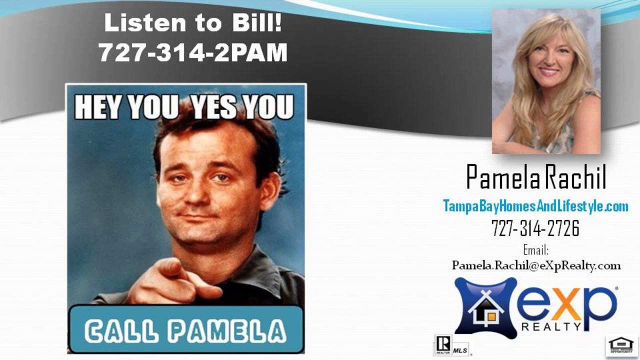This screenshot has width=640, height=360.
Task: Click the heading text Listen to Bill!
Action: click(x=192, y=23)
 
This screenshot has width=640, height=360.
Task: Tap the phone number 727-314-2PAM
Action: click(x=192, y=52)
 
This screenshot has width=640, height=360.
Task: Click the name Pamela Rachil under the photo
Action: click(x=536, y=177)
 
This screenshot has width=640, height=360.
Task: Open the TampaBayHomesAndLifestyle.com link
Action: click(x=535, y=206)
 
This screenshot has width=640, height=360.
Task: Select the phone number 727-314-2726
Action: click(x=535, y=228)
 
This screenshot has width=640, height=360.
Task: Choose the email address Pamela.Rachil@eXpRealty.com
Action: click(x=536, y=265)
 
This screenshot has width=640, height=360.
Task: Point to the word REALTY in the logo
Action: click(x=551, y=327)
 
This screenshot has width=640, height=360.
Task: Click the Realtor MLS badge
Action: click(x=451, y=345)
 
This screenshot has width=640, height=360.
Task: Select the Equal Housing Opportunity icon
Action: click(x=621, y=345)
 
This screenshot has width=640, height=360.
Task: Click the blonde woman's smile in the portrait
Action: click(x=549, y=72)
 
